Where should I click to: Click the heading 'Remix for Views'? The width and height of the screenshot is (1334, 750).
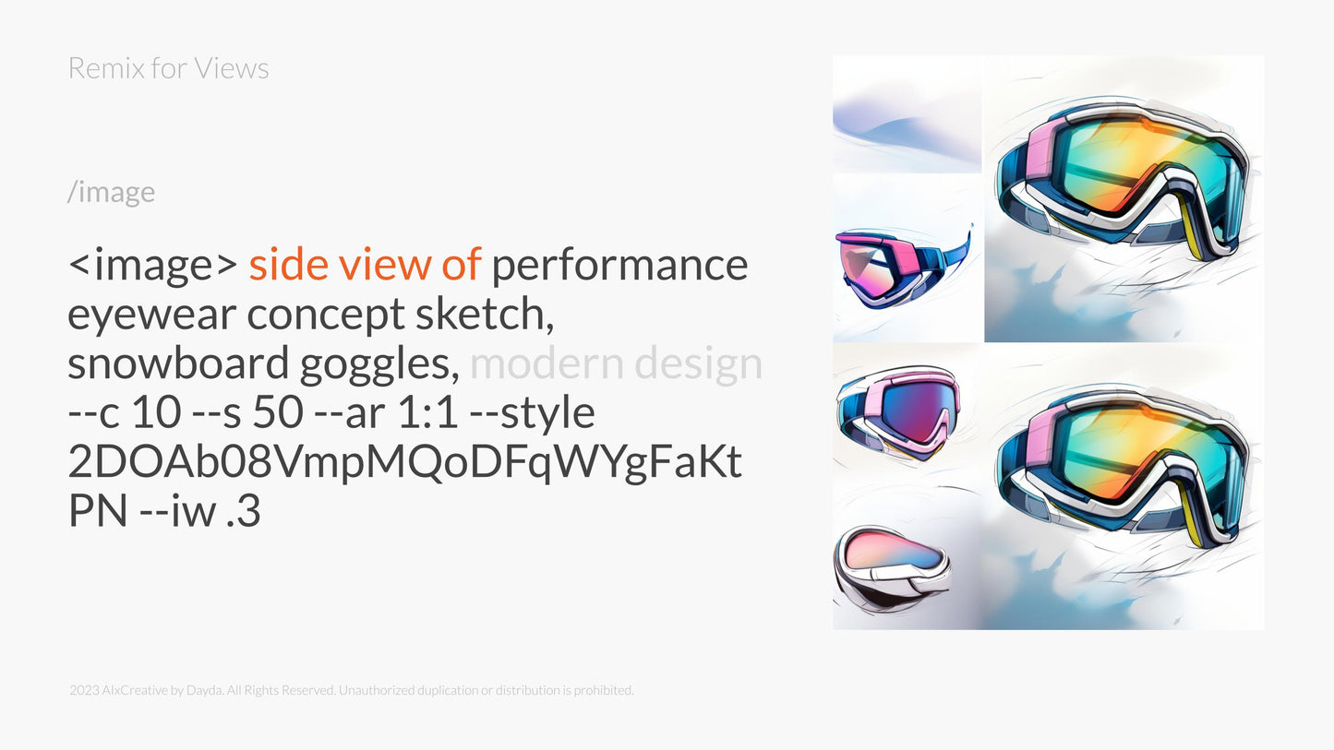(168, 68)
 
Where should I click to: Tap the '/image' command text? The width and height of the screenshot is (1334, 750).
(111, 192)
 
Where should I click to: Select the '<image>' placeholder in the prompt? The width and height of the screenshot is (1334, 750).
(153, 265)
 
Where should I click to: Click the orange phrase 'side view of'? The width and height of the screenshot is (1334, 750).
(365, 265)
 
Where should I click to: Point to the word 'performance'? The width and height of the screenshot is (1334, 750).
(619, 265)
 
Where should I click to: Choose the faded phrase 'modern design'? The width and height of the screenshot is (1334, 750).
(616, 364)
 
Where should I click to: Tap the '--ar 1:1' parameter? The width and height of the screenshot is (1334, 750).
(388, 413)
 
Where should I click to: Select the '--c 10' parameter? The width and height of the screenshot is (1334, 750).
(124, 413)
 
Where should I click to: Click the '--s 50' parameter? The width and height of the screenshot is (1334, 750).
(249, 413)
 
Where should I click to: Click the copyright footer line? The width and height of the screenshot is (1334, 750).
(351, 690)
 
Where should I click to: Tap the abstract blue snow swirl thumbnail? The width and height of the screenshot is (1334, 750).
(907, 114)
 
